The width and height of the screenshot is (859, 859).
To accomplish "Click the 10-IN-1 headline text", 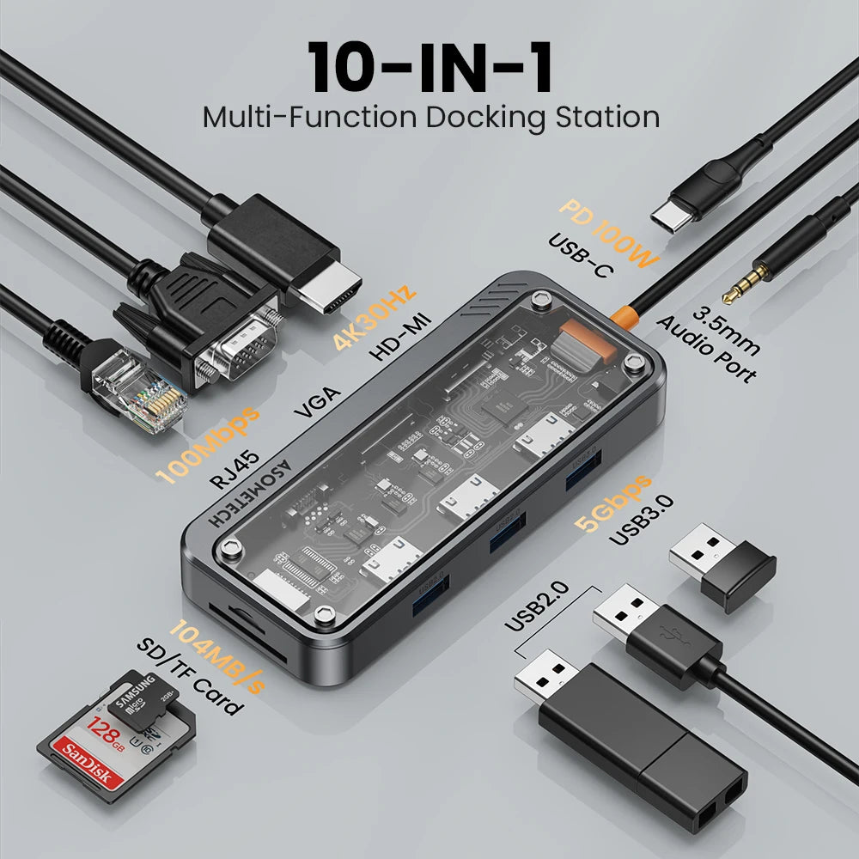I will tap(429, 67).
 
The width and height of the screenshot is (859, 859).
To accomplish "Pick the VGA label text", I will tap(318, 403).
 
